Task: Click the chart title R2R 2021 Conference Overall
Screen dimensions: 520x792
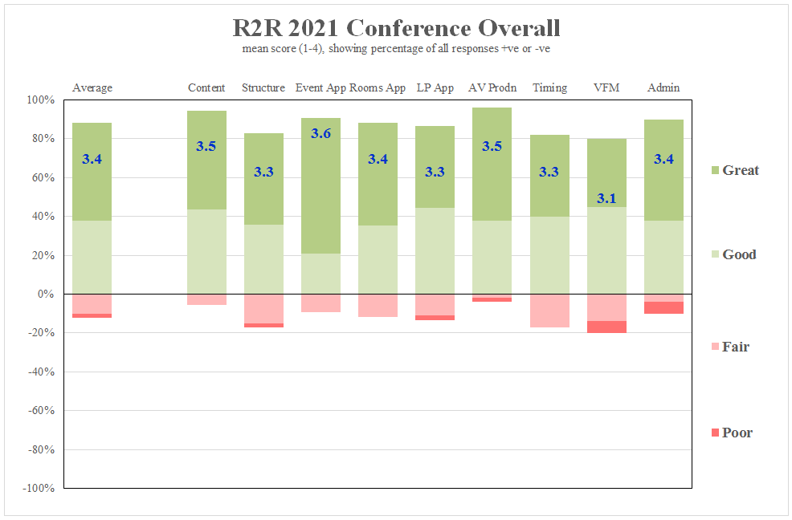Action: tap(396, 28)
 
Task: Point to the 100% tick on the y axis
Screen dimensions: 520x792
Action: tap(40, 100)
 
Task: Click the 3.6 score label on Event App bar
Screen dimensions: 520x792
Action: tap(320, 133)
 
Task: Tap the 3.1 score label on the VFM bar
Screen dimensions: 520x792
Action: tap(606, 198)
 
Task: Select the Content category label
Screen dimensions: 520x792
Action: tap(206, 87)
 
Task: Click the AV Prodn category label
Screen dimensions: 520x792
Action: tap(492, 87)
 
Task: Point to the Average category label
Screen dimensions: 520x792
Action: tap(92, 87)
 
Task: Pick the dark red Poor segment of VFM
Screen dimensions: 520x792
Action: tap(606, 327)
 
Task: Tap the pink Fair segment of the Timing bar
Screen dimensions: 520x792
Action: tap(549, 311)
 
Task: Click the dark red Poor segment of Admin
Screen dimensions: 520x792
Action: tap(663, 307)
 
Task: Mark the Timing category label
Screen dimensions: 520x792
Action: tap(549, 87)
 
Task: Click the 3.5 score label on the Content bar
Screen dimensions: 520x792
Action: tap(206, 146)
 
